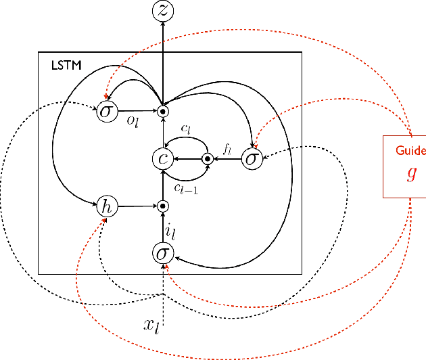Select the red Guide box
[404, 166]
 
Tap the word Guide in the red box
[410, 150]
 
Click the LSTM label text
[65, 66]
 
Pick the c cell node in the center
[162, 158]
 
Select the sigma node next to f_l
[252, 158]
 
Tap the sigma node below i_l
[162, 253]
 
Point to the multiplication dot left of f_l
[208, 158]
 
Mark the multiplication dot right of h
[162, 206]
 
